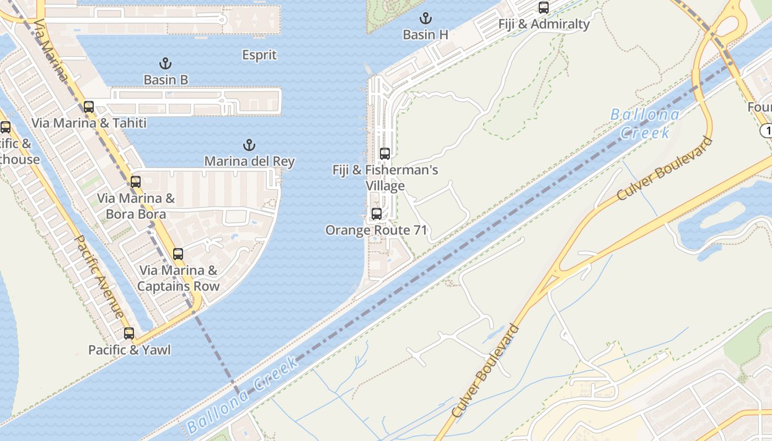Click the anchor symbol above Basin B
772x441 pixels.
click(x=165, y=63)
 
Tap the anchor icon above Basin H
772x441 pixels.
click(x=425, y=18)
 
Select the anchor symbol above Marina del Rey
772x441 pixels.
click(x=249, y=146)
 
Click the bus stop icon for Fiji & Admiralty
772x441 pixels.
click(x=544, y=8)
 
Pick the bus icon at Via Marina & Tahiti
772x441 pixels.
click(x=89, y=107)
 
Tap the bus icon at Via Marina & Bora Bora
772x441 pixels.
click(x=136, y=182)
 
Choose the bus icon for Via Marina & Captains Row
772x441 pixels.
click(x=178, y=254)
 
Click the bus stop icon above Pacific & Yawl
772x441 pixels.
click(x=129, y=334)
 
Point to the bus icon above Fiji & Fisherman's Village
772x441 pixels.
click(x=385, y=154)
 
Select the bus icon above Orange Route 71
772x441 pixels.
click(x=377, y=214)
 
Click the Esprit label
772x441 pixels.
click(x=259, y=55)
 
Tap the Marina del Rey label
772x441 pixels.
click(x=249, y=162)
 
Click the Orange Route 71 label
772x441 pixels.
click(x=376, y=230)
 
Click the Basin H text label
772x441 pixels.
click(x=425, y=35)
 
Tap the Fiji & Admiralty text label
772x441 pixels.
click(x=544, y=24)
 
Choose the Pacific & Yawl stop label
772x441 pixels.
click(x=129, y=350)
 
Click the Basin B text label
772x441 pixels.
click(x=165, y=80)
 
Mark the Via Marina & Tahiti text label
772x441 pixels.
click(x=89, y=123)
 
